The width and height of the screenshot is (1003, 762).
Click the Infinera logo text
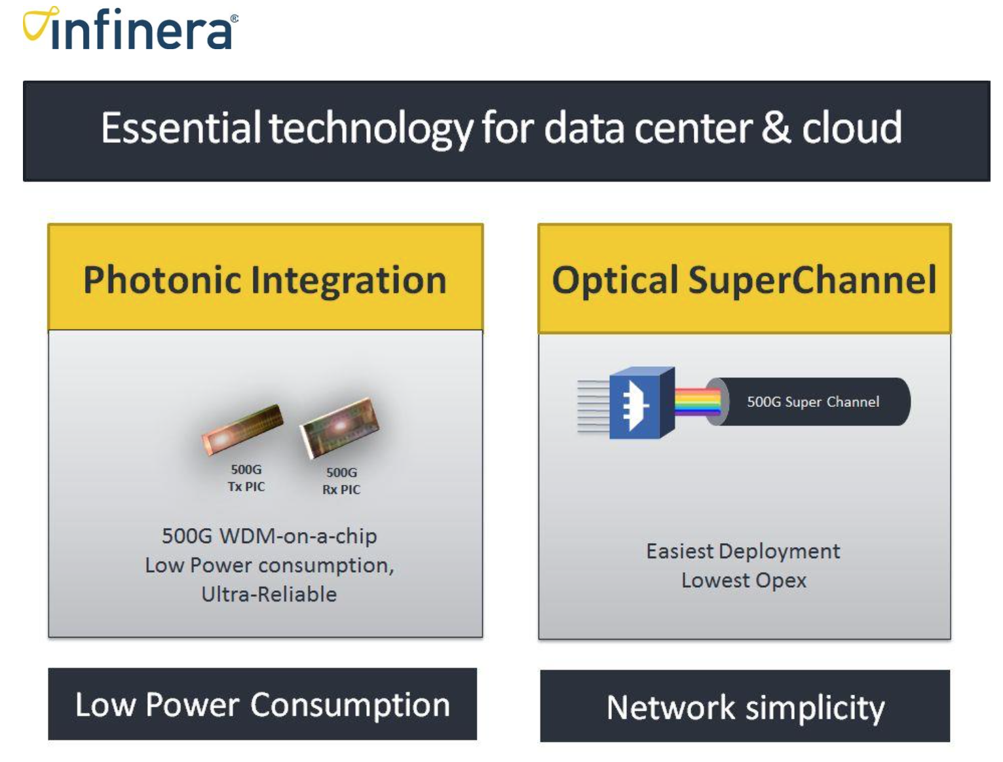(142, 29)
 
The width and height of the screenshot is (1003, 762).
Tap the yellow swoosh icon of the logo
(40, 23)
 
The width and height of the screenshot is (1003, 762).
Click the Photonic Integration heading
(265, 280)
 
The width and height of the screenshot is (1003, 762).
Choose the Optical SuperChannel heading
(744, 280)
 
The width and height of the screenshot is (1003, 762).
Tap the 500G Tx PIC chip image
(242, 429)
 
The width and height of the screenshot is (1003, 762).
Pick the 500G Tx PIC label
(246, 478)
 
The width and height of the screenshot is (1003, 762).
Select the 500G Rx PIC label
(341, 481)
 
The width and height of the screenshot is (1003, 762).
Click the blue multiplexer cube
(642, 403)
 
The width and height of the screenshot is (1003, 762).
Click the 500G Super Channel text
(813, 402)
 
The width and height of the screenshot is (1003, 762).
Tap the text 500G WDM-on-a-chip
(270, 537)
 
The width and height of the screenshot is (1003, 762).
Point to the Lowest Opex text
(744, 581)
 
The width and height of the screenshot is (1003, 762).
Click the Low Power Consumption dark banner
(262, 704)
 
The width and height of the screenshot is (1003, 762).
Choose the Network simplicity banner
(745, 706)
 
